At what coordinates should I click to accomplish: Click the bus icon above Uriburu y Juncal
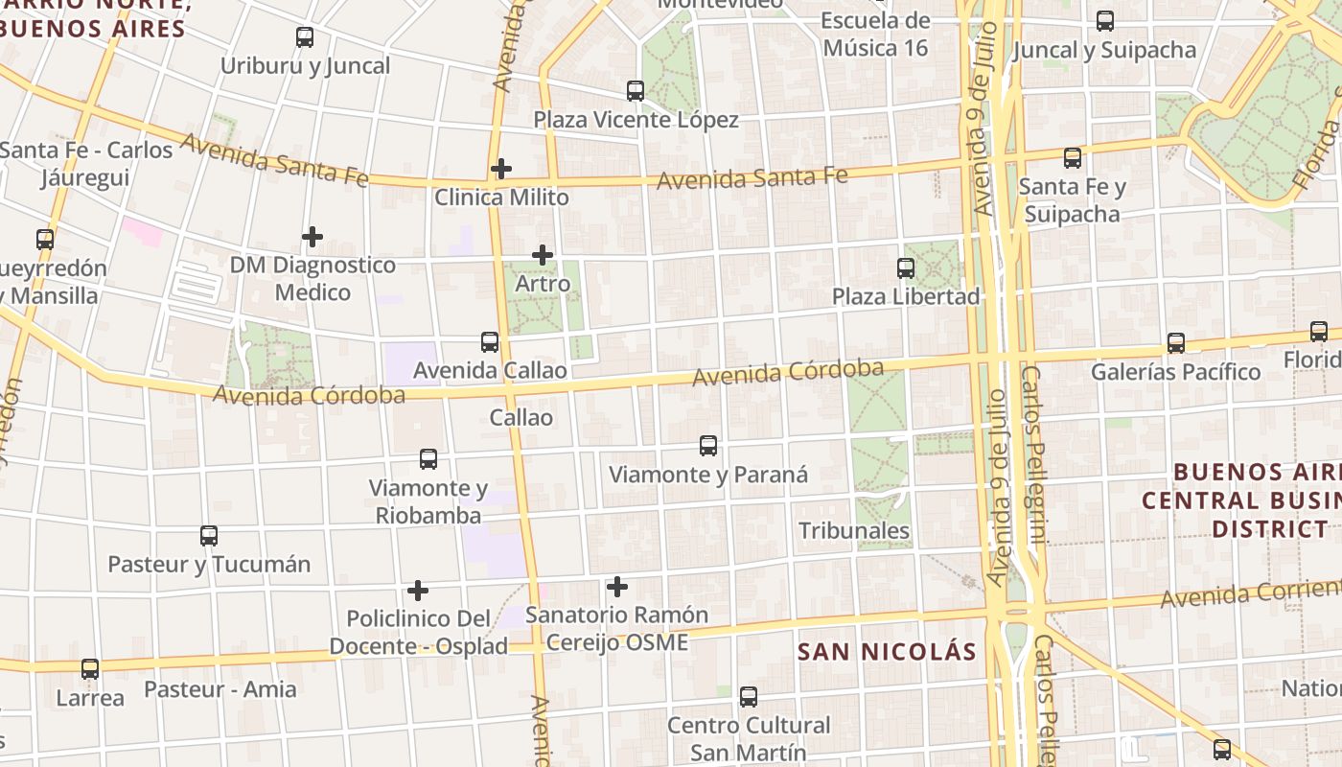(305, 37)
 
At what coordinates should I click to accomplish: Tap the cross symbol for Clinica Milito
(500, 170)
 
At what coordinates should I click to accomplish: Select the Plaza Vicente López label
(636, 120)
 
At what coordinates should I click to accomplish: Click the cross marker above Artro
(543, 255)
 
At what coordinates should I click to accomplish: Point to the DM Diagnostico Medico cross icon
(312, 237)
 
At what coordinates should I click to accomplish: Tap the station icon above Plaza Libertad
(906, 267)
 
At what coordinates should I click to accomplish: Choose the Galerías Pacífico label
(1175, 372)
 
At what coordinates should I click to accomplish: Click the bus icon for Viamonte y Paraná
(708, 446)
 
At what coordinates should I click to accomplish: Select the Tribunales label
(854, 530)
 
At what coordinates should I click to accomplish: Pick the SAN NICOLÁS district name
(887, 652)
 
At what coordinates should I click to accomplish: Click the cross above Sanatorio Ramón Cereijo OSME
(617, 586)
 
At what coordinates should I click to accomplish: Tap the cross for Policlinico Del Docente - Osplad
(418, 590)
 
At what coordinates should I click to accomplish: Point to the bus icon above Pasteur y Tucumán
(209, 536)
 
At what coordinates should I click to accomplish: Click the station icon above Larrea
(90, 669)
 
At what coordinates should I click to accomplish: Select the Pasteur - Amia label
(220, 689)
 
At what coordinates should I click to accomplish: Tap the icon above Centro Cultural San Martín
(749, 697)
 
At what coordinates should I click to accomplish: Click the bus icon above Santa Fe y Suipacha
(1073, 158)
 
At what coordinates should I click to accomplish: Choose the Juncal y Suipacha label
(1104, 50)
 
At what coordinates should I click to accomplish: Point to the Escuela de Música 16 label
(875, 34)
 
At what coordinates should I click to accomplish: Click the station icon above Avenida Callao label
(490, 342)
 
